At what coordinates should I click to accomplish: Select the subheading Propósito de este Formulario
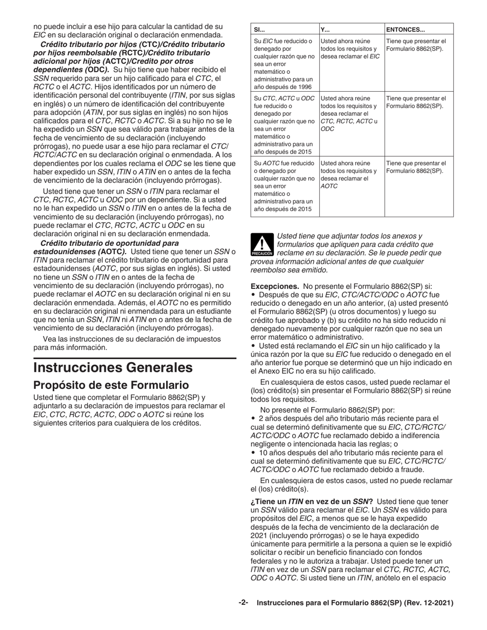[103, 385]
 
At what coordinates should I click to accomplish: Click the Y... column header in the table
[325, 29]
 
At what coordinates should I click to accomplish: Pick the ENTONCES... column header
[405, 29]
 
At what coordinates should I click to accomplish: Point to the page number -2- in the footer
[243, 603]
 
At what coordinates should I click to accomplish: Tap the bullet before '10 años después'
[253, 453]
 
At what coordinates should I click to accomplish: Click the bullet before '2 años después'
[253, 418]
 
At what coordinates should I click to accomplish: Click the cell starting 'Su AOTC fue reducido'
[284, 163]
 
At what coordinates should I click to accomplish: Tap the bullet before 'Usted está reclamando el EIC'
[253, 346]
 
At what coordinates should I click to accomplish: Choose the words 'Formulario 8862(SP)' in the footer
[359, 603]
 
